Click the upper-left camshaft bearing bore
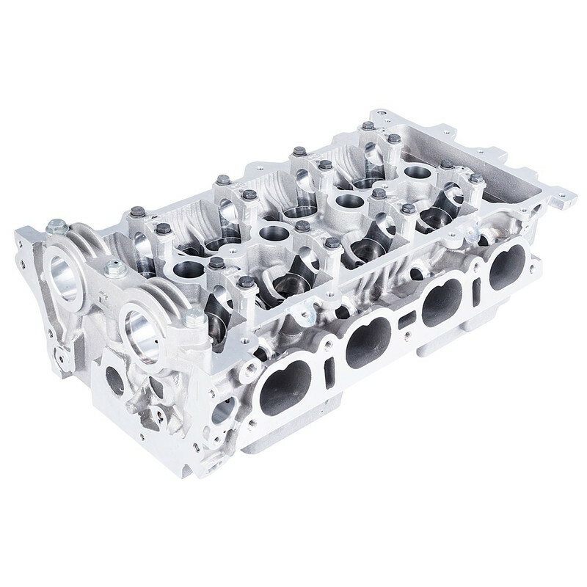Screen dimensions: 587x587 tap(65, 273)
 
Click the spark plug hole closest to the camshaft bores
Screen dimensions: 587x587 tap(189, 270)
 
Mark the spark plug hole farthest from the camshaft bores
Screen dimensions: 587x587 tap(417, 172)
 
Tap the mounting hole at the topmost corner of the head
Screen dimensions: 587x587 tap(376, 114)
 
